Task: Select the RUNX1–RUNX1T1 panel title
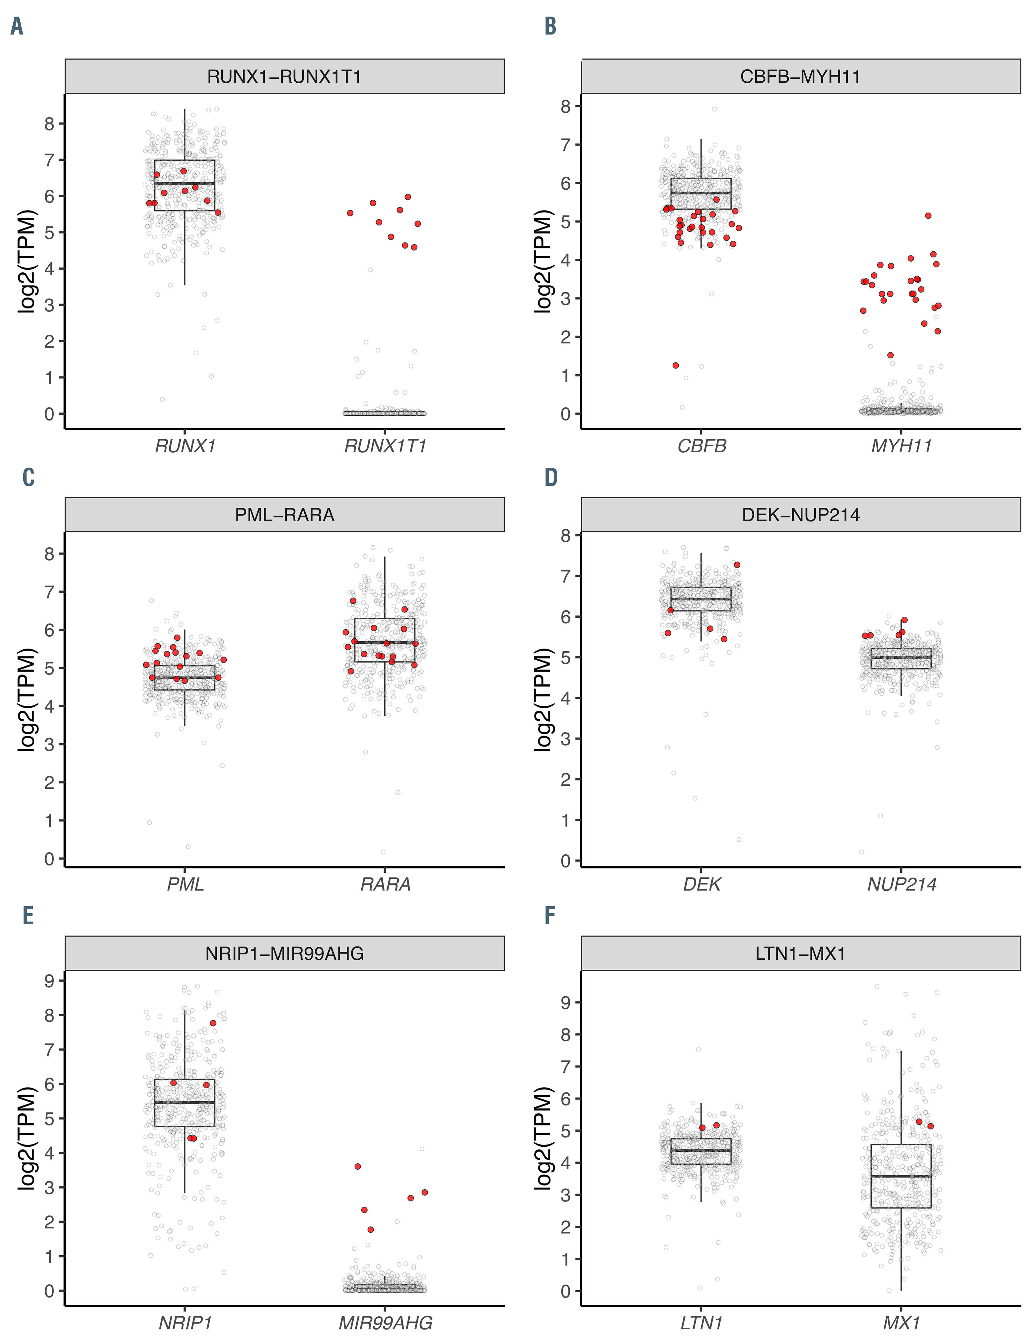[x=284, y=77]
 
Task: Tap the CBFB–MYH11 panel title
[x=800, y=77]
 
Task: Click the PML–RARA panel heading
[x=284, y=515]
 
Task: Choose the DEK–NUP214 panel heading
[x=800, y=515]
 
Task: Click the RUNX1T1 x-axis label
[x=385, y=446]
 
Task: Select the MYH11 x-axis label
[x=901, y=446]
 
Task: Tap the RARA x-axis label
[x=385, y=885]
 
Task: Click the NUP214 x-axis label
[x=901, y=885]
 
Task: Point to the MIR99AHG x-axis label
[x=385, y=1323]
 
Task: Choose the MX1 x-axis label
[x=901, y=1323]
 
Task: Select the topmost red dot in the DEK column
[x=737, y=565]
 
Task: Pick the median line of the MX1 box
[x=901, y=1177]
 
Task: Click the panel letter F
[x=550, y=916]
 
